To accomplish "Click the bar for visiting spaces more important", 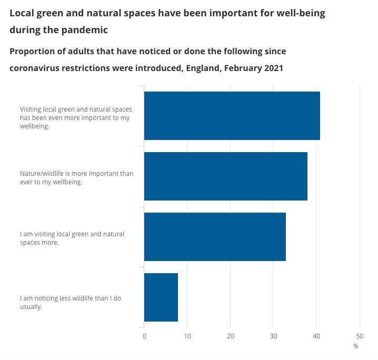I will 232,116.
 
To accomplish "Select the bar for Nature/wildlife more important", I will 225,176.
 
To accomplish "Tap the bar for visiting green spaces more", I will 215,237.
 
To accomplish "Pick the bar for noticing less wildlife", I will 161,297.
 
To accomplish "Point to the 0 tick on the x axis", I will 144,336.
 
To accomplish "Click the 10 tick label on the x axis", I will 187,336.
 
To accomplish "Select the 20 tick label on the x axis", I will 231,336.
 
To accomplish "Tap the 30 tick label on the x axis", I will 273,336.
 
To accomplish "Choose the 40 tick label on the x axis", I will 316,336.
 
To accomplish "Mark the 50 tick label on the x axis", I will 360,336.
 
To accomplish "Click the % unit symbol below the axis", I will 356,346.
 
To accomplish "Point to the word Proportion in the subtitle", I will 35,52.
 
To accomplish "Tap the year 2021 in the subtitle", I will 272,68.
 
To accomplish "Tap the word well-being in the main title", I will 302,13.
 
